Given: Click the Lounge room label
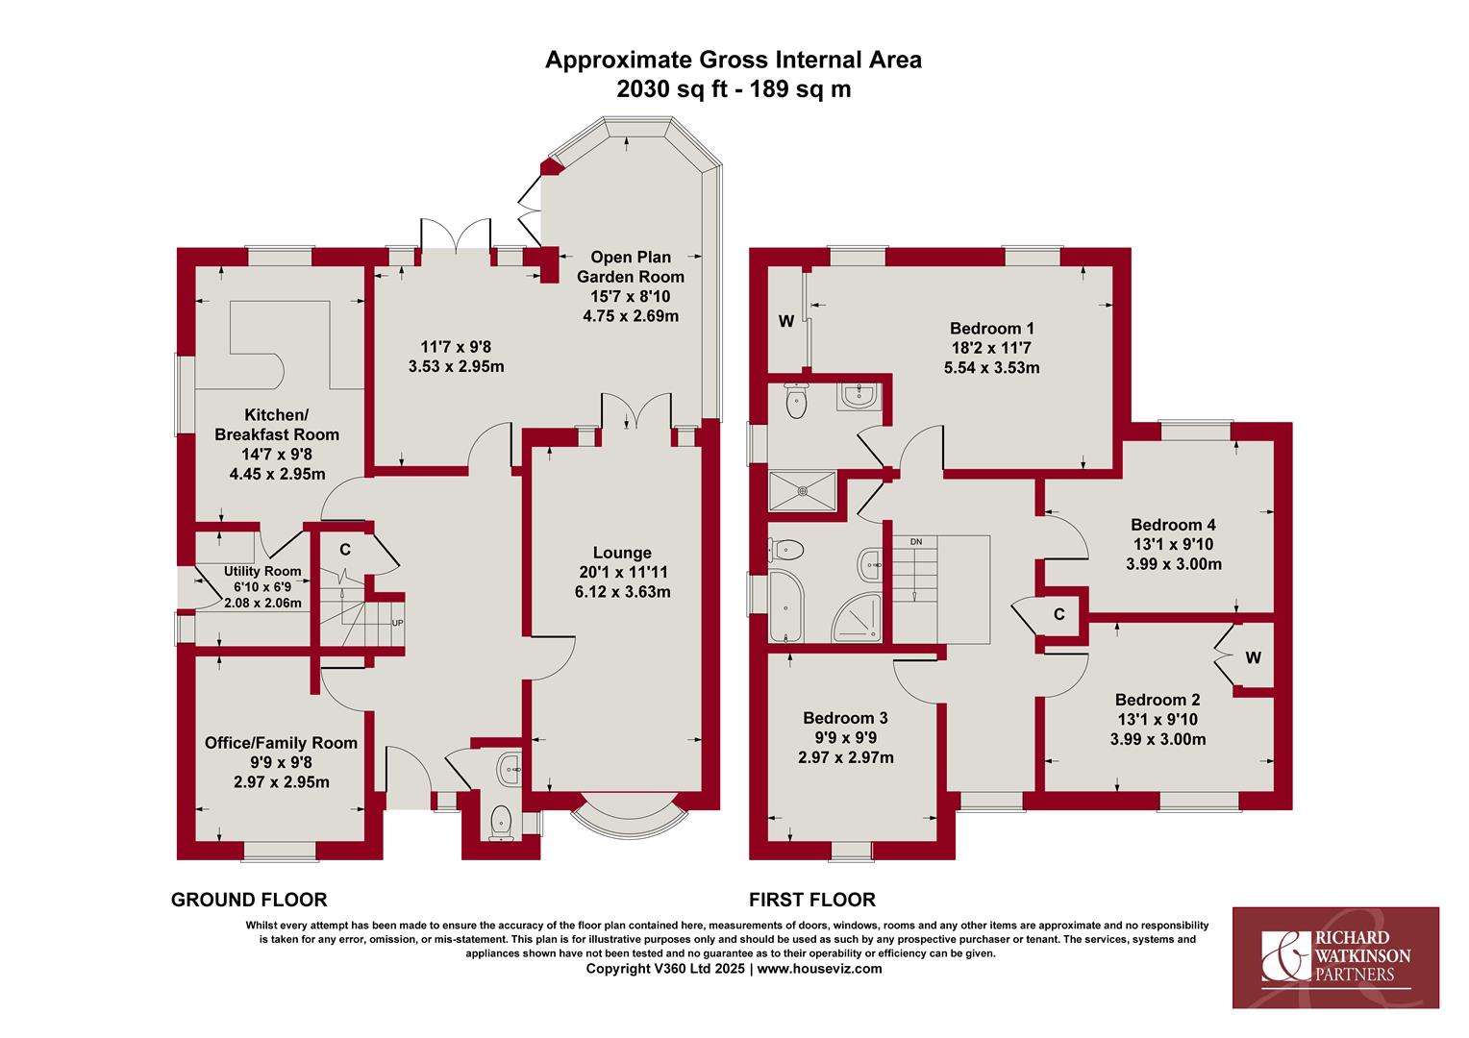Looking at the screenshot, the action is (x=622, y=553).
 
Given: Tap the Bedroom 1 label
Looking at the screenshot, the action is (x=991, y=328).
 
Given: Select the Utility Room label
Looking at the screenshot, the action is (x=262, y=571).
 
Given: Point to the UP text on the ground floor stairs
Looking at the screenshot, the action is (x=397, y=623).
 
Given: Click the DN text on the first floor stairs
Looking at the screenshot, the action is (x=916, y=542).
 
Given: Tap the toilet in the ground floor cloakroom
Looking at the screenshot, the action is (x=500, y=823).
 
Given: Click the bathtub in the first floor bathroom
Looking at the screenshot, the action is (x=785, y=605).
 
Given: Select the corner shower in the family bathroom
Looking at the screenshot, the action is (x=857, y=618).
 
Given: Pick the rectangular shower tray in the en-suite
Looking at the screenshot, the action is (x=802, y=490).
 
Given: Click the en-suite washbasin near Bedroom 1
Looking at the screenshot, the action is (x=859, y=397).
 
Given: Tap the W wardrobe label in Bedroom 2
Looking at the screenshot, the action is (x=1254, y=657).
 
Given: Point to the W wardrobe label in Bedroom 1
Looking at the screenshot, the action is (x=786, y=321).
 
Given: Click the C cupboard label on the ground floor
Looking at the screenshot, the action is (x=345, y=550).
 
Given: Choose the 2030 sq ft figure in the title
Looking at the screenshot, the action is (x=672, y=88).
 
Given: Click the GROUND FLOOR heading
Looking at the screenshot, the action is (x=249, y=900).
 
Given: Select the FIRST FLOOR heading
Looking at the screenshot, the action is (x=811, y=900).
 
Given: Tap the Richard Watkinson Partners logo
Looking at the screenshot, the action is (x=1336, y=957).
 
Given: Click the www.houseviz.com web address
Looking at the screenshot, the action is (x=820, y=969).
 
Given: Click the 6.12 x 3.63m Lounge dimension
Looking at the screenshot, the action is (x=622, y=592).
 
